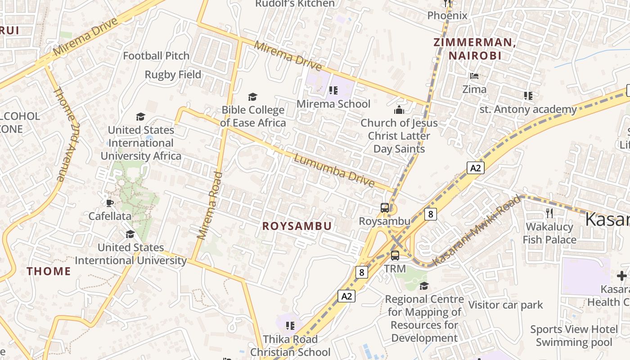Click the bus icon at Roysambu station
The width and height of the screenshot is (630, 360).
click(x=385, y=207)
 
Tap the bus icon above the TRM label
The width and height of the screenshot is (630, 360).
click(x=395, y=256)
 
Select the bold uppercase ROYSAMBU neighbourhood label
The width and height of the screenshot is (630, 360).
click(x=297, y=226)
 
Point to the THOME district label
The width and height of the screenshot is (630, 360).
click(x=49, y=271)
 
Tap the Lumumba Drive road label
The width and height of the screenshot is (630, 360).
click(x=334, y=171)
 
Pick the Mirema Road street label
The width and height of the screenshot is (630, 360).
click(x=210, y=205)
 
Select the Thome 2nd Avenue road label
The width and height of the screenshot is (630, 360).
click(x=66, y=134)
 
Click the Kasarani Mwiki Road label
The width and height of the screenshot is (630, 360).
click(x=477, y=230)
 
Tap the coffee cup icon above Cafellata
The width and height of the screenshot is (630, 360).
click(x=110, y=203)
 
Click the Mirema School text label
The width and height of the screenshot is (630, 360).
click(x=333, y=104)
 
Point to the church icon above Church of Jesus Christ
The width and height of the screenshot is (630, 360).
click(x=399, y=110)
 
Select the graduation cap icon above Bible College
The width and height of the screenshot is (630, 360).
click(x=253, y=97)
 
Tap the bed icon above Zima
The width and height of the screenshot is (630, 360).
click(x=474, y=76)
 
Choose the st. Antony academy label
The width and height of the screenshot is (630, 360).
click(x=528, y=109)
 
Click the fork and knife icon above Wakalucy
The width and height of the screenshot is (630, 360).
click(x=549, y=213)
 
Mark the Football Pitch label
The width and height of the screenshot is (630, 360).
click(x=156, y=56)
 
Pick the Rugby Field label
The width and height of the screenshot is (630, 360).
click(x=173, y=74)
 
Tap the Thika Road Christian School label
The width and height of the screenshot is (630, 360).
click(x=290, y=346)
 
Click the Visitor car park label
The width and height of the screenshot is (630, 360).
click(x=506, y=305)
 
